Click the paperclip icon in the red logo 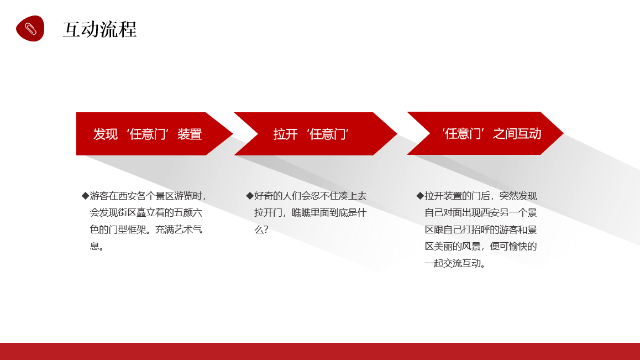tap(30, 29)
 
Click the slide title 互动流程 tap(99, 29)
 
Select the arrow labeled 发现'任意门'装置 tap(154, 134)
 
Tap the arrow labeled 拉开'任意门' tap(316, 134)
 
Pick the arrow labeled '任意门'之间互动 tap(485, 133)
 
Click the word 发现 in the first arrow tap(106, 134)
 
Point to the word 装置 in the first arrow tap(190, 134)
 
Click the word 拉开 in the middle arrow tap(285, 134)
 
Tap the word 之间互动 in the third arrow tap(517, 134)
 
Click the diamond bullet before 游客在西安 tap(85, 196)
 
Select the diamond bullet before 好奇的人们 tap(250, 196)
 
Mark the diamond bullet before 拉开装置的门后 tap(420, 196)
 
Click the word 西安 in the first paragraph tap(127, 196)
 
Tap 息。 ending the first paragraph tap(97, 247)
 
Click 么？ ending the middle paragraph tap(261, 229)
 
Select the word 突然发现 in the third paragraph tap(518, 196)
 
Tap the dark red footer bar tap(320, 351)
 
